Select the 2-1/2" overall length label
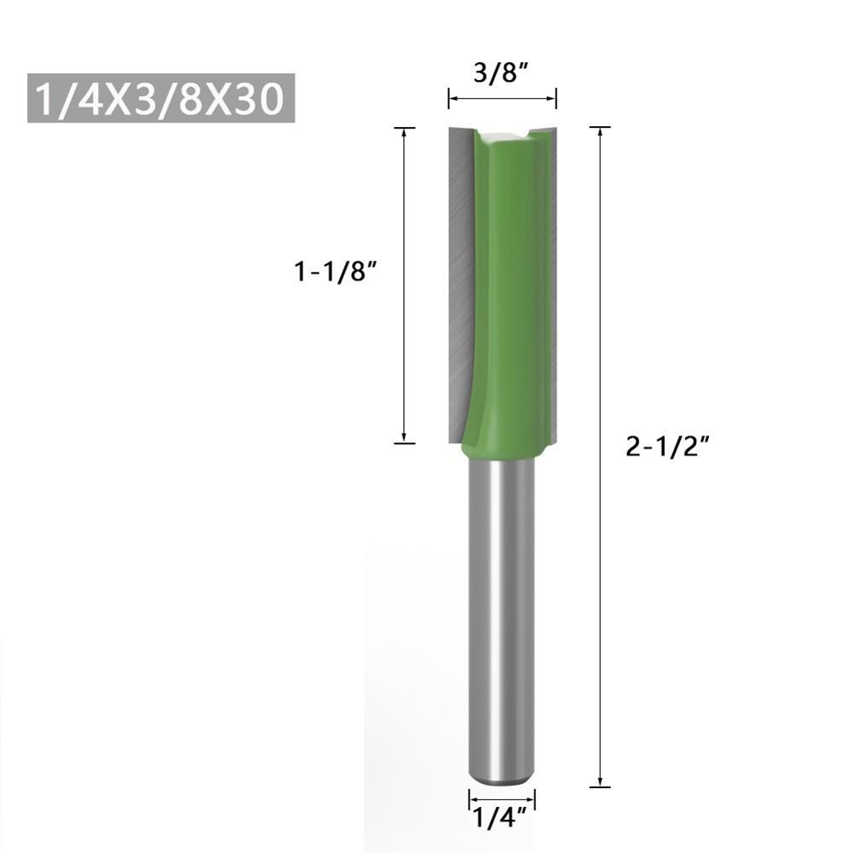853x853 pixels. point(667,445)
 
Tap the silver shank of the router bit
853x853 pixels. point(501,614)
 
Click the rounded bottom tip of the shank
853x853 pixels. point(502,777)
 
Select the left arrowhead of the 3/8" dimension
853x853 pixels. point(452,100)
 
